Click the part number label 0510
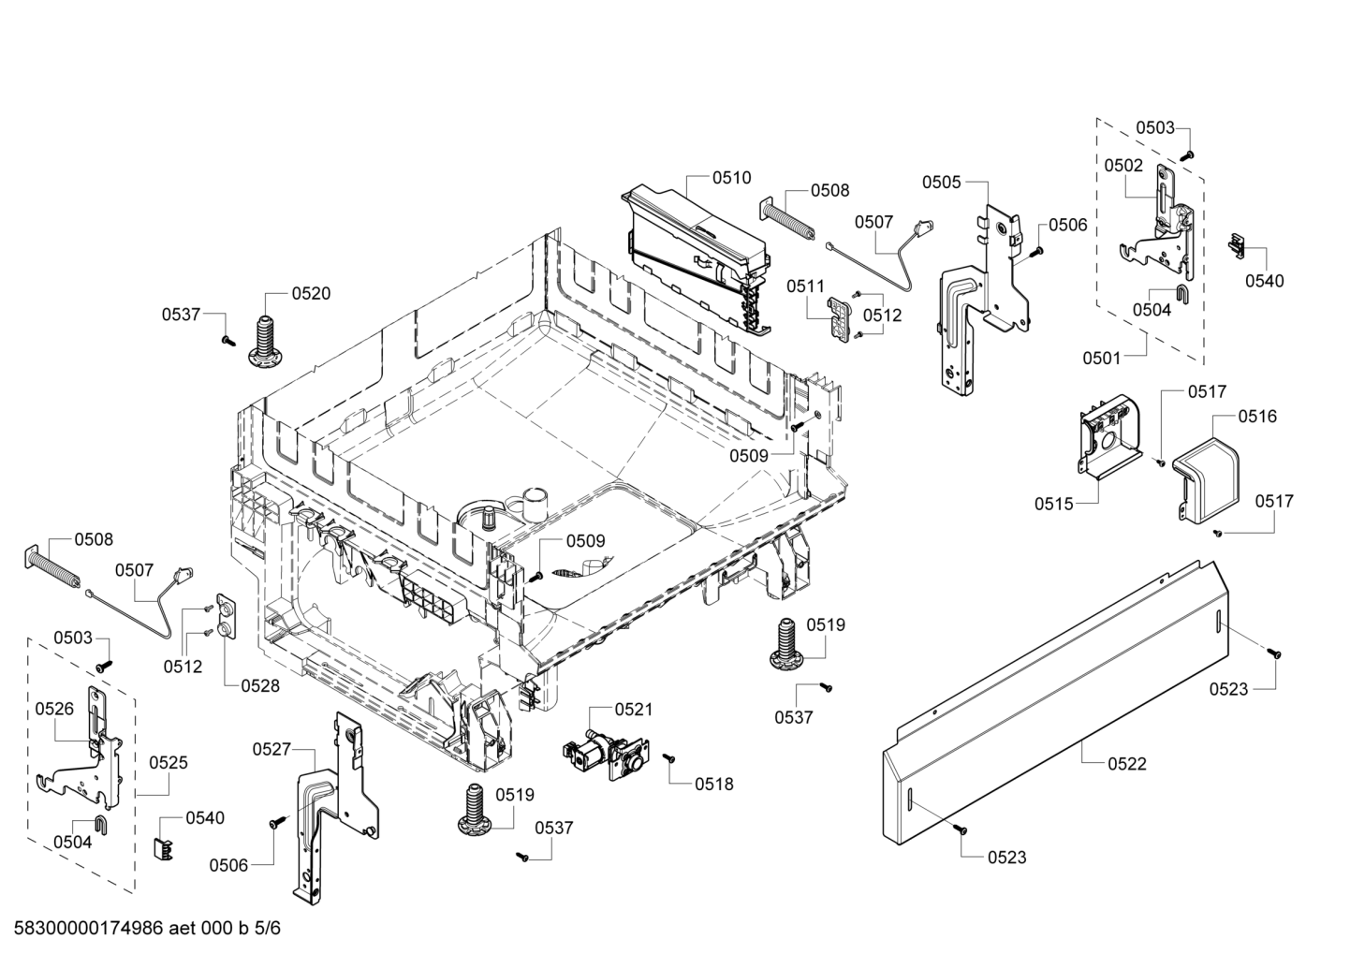pos(732,178)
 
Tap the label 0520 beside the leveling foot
pos(311,293)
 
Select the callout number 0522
pos(1127,764)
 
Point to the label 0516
pos(1257,416)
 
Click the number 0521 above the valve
pos(634,710)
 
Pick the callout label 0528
pos(260,685)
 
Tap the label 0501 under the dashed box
pos(1102,358)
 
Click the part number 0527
pos(271,749)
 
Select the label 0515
pos(1054,504)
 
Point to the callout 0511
pos(805,286)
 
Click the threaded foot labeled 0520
pos(263,341)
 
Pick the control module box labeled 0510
pos(697,257)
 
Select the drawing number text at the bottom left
pos(147,928)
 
